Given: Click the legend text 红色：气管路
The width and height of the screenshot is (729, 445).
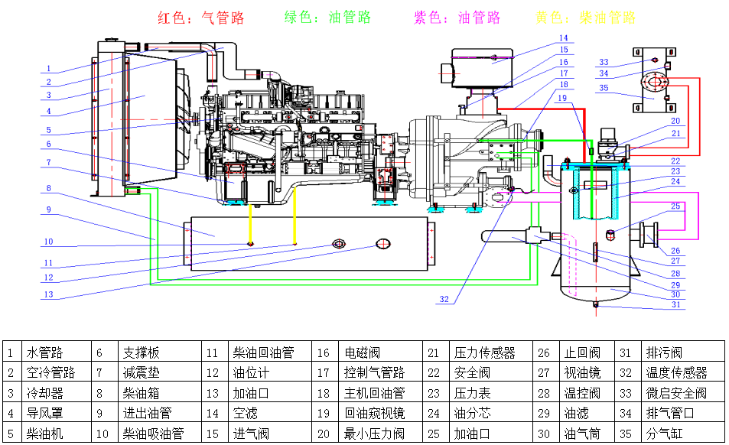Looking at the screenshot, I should click(x=201, y=18).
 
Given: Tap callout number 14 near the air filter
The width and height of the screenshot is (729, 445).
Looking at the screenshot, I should click(x=563, y=37).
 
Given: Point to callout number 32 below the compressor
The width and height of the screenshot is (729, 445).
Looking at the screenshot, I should click(x=444, y=300).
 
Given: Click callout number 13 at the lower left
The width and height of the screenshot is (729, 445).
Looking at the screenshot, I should click(x=47, y=295).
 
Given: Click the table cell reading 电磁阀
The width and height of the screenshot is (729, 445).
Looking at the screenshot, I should click(x=363, y=353).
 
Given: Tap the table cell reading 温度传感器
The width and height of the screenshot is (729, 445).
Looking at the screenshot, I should click(x=676, y=373).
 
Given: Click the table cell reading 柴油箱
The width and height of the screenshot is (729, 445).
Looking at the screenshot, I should click(x=141, y=394).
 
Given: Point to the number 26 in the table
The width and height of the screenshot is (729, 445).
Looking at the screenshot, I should click(x=544, y=353).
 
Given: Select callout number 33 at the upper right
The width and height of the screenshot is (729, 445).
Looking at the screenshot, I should click(x=604, y=63).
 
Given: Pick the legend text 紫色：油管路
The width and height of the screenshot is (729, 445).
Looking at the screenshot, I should click(x=457, y=18).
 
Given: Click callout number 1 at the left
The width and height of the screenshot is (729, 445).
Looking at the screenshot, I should click(x=48, y=69).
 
